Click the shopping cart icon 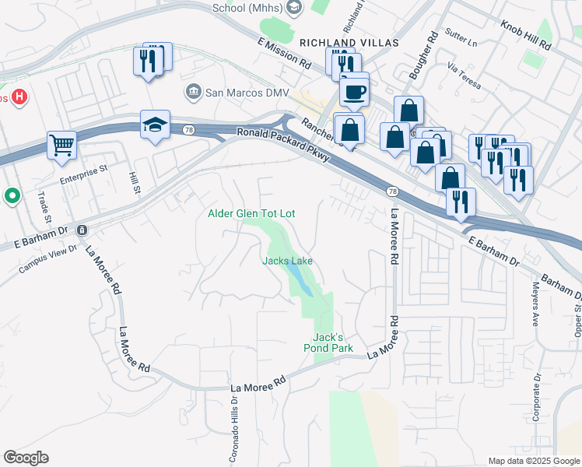coord(61,145)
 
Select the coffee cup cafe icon coord(354,92)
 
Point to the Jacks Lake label coord(287,261)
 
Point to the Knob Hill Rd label coord(526,36)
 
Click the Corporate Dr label coord(537,397)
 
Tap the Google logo coord(26,458)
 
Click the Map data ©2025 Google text coord(533,461)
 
